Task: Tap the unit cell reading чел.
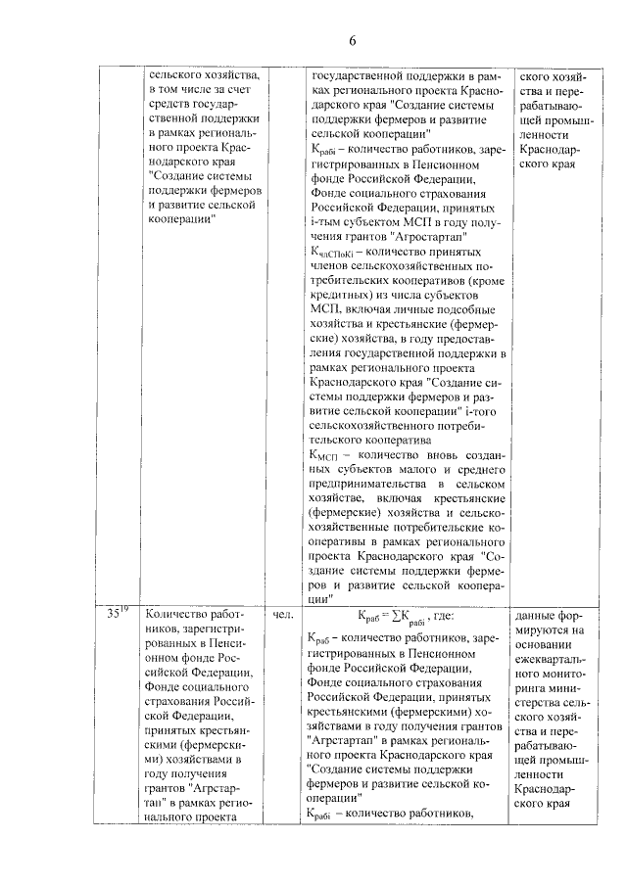pyautogui.click(x=279, y=616)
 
